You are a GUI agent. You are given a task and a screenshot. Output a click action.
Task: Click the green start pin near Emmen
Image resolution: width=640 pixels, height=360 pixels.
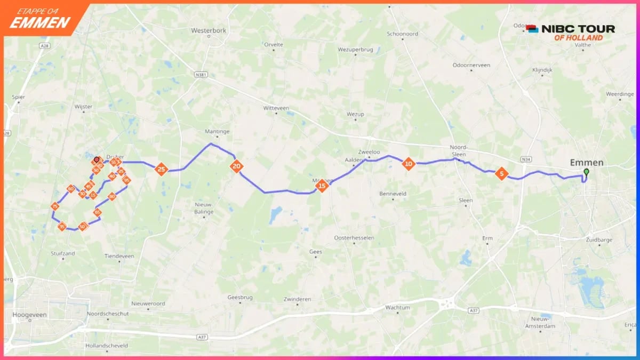coord(586,172)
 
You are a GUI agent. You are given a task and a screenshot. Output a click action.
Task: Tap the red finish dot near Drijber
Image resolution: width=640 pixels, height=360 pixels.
coord(97,159)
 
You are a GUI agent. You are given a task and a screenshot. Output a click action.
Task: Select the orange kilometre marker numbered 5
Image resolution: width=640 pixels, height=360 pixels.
coord(501,173)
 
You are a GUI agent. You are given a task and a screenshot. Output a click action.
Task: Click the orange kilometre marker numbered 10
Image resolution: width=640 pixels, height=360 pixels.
coord(409,164)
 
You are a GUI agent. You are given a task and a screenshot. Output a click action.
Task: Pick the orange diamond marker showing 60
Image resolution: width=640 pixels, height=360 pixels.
coord(70,189)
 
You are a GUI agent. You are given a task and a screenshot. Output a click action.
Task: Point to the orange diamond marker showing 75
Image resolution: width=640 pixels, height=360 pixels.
coord(55,206)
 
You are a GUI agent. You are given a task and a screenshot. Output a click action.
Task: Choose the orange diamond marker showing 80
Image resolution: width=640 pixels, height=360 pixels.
coord(112,196)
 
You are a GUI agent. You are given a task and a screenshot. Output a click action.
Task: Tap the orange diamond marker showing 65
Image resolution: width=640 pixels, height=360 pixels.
coord(98,212)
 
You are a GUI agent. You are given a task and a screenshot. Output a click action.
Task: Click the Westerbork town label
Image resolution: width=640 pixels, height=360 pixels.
coord(209,30)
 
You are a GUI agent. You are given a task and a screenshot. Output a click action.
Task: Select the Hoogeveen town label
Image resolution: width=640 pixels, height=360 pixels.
coord(29,315)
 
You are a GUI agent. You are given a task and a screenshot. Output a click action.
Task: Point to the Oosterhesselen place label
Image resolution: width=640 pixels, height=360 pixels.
coord(354,237)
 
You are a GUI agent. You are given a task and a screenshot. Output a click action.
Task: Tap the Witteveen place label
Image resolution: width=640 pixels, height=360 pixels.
coord(276,108)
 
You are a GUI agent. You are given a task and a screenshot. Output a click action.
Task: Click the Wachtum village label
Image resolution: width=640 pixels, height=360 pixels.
coord(397,308)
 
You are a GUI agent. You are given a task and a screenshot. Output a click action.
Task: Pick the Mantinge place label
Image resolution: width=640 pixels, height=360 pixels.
coord(217,131)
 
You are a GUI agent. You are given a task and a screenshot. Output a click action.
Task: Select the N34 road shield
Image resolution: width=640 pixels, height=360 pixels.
coord(526,159)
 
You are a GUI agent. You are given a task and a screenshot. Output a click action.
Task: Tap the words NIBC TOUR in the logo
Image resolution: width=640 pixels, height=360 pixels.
coord(578,29)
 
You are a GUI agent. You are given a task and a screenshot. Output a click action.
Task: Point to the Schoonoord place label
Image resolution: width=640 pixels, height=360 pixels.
coord(403,34)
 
